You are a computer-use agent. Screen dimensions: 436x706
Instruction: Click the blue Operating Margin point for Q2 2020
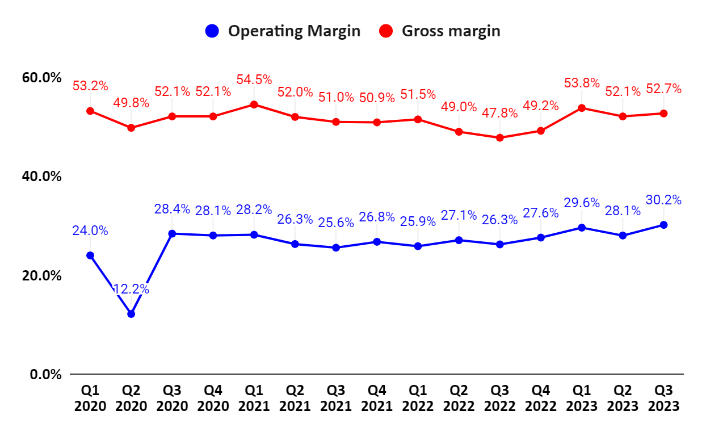pos(131,313)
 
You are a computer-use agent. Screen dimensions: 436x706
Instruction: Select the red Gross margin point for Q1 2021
pos(254,104)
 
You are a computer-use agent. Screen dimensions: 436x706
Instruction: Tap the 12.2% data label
pos(131,289)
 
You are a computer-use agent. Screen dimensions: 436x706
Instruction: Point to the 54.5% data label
pos(254,80)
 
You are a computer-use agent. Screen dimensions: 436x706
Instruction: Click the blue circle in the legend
pos(212,31)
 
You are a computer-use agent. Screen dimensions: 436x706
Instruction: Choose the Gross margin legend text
pos(451,31)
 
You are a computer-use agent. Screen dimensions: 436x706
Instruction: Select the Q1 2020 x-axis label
pos(90,398)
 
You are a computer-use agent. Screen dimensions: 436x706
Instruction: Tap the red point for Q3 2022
pos(500,137)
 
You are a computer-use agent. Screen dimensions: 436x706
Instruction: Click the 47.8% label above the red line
pos(500,113)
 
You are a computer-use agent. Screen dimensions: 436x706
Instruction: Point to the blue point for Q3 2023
pos(663,225)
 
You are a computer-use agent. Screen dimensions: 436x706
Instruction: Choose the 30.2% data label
pos(663,200)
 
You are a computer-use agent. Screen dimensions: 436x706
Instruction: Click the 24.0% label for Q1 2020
pos(90,231)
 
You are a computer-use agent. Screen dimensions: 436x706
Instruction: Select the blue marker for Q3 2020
pos(172,233)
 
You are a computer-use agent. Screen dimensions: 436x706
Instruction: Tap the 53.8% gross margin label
pos(582,83)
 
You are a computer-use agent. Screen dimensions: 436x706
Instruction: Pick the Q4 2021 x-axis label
pos(377,398)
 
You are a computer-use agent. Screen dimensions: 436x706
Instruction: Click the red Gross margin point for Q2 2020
pos(131,128)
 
